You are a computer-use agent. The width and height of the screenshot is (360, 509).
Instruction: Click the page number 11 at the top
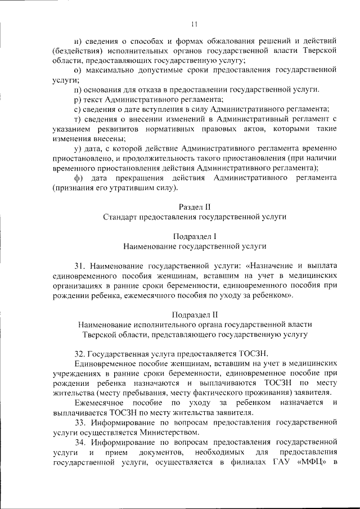194,24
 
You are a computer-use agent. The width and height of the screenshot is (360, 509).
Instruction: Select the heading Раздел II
195,207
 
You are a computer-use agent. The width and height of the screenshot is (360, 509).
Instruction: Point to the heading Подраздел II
195,314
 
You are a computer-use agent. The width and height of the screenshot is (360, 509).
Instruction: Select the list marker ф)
79,178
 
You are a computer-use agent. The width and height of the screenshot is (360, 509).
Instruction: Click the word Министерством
172,431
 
